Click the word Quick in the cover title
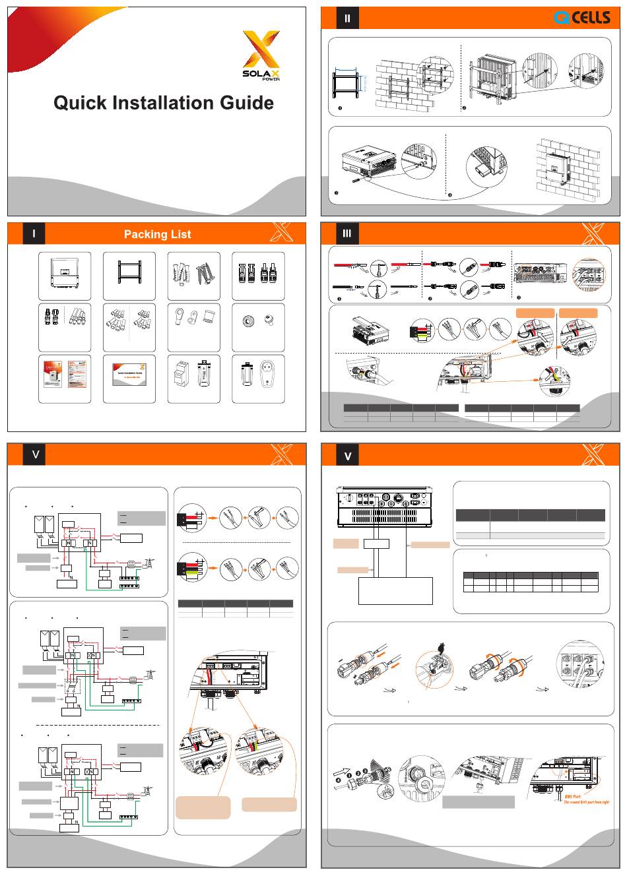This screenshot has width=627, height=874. (x=83, y=103)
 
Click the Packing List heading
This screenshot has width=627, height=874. (x=157, y=234)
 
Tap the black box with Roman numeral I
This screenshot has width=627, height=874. (x=33, y=234)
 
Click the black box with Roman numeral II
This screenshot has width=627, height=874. (x=347, y=18)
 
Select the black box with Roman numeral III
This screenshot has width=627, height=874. (x=347, y=234)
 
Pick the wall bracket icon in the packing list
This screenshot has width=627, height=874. (x=129, y=273)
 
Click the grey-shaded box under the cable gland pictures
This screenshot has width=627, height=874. (x=478, y=801)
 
